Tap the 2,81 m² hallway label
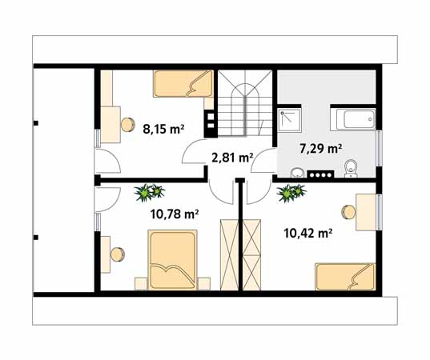(x=232, y=158)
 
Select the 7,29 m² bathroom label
(x=320, y=148)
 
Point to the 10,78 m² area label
(x=175, y=214)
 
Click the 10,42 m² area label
(x=308, y=234)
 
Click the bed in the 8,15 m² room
(x=183, y=83)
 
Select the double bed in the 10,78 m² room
(x=171, y=260)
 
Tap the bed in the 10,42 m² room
(x=344, y=277)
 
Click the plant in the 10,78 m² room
(x=148, y=192)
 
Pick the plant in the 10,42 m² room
(x=290, y=192)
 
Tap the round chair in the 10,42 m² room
(x=348, y=212)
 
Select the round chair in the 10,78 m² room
(x=117, y=254)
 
